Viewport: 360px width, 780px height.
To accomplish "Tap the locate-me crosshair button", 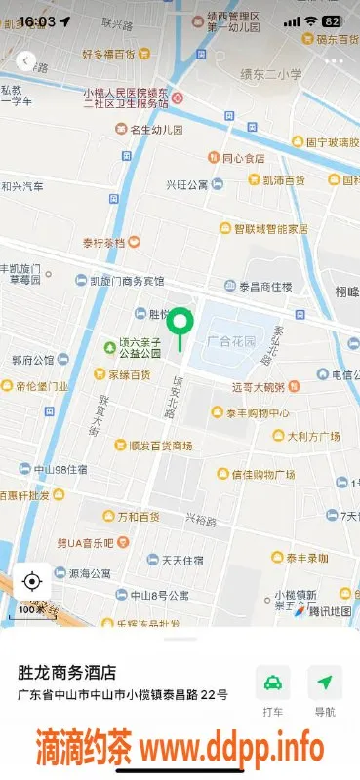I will coord(31,582).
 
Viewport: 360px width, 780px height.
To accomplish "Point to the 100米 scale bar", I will coord(31,610).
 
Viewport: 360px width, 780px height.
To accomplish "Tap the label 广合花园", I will coord(230,342).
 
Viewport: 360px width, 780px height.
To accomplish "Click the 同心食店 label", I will coord(242,158).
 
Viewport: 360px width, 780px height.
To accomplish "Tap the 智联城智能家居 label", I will coord(269,229).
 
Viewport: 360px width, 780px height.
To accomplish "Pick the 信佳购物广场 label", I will coord(262,475).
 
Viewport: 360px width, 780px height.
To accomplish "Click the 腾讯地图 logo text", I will coord(329,612).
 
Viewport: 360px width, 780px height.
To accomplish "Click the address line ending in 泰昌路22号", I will coord(123,694).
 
